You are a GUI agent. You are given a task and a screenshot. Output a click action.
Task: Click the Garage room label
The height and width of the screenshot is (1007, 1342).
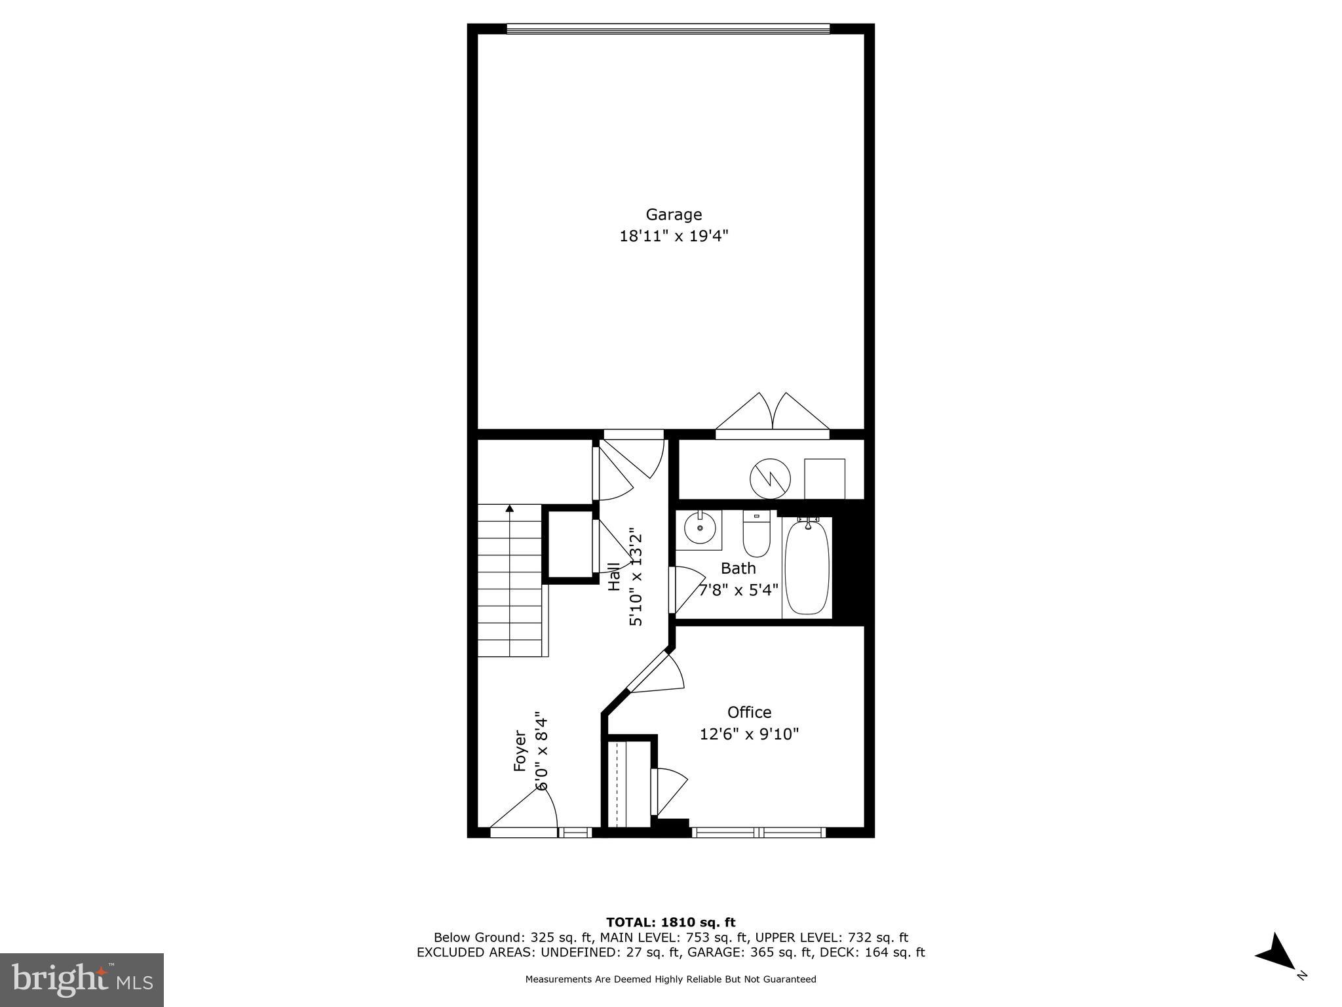[674, 214]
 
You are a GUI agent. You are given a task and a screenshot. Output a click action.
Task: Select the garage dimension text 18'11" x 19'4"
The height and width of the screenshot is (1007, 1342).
[674, 236]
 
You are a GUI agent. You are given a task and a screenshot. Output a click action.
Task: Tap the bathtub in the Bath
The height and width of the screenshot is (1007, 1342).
[807, 568]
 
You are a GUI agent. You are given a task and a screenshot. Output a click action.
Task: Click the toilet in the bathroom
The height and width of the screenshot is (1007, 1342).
[756, 534]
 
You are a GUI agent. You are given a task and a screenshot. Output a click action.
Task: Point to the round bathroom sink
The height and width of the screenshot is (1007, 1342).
[700, 528]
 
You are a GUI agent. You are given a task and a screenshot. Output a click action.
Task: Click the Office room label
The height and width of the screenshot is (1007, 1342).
[749, 712]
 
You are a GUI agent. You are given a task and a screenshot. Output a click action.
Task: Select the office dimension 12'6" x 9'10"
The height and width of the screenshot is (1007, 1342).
[749, 734]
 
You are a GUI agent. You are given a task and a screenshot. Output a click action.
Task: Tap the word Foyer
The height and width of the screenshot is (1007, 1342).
[520, 750]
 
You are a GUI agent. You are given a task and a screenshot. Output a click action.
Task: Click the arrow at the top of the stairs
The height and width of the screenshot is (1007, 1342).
[510, 508]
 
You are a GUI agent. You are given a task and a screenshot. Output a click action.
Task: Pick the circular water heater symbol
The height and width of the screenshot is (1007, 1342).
[770, 479]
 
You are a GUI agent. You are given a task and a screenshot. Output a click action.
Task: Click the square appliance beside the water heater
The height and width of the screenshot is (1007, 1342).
[824, 479]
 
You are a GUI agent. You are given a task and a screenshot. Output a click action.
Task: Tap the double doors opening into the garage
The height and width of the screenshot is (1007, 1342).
[772, 414]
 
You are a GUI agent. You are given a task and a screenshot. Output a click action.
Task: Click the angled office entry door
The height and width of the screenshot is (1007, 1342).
[655, 672]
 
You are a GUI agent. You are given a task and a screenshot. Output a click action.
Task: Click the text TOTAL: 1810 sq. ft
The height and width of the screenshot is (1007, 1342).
[670, 922]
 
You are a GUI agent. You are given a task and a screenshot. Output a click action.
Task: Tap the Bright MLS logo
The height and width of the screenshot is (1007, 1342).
[82, 979]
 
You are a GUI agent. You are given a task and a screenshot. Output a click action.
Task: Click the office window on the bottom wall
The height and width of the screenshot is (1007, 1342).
[758, 833]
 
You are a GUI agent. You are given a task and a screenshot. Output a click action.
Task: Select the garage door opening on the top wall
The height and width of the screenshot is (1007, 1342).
[668, 29]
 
